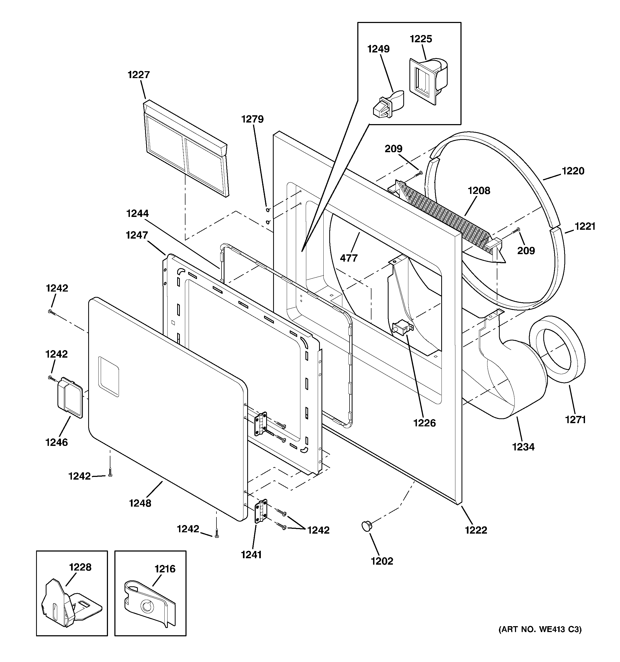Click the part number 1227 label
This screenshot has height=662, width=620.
138,75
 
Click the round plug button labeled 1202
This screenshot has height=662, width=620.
367,526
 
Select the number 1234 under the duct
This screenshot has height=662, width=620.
523,447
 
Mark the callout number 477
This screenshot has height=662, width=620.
348,258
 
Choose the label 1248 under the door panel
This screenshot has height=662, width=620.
140,503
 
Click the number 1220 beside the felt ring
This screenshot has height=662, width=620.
573,171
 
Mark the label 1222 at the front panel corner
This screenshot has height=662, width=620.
476,530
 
